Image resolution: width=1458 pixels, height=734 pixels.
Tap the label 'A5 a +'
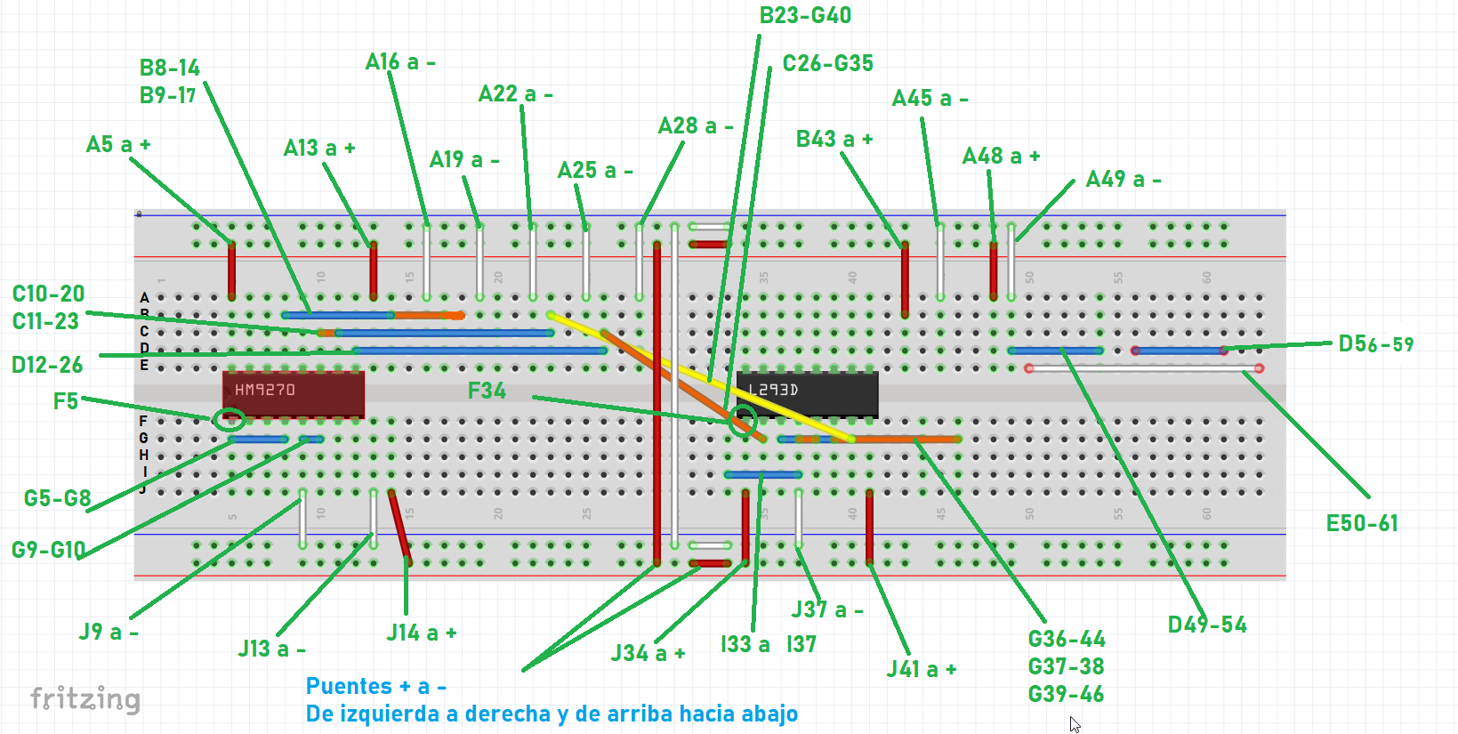(x=118, y=145)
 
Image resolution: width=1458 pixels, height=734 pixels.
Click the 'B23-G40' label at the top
(x=805, y=16)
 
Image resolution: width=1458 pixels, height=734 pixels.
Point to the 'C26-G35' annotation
(x=827, y=64)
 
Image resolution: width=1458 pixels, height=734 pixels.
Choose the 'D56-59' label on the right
(x=1375, y=344)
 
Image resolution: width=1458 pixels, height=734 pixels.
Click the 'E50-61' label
(x=1362, y=523)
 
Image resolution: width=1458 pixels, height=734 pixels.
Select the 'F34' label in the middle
(x=487, y=391)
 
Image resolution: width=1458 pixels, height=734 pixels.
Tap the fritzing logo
(x=85, y=699)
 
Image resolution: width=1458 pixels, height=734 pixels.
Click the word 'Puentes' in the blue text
(x=349, y=686)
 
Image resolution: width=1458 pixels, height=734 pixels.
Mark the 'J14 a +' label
(x=422, y=633)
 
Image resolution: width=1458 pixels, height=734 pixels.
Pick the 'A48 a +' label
(x=1001, y=157)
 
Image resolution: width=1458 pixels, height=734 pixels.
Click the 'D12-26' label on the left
(x=47, y=365)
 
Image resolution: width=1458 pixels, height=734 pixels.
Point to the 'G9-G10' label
(x=49, y=550)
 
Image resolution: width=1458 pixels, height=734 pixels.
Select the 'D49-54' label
(x=1207, y=625)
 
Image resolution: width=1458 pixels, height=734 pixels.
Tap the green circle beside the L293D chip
(x=743, y=420)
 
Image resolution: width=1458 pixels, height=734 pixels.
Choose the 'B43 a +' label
(x=834, y=140)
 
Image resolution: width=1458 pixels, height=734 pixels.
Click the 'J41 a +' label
(x=922, y=670)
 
